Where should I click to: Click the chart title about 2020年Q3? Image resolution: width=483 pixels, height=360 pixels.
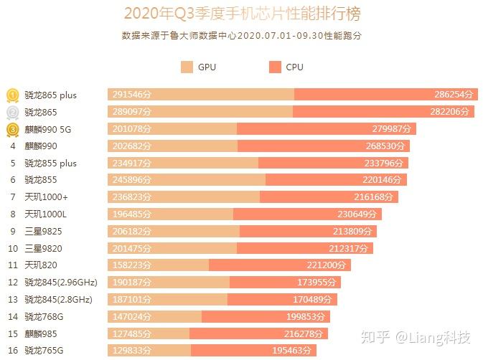click(x=241, y=14)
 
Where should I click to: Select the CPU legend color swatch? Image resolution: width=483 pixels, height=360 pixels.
click(x=275, y=67)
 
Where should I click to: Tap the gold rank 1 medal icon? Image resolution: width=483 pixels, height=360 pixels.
click(x=13, y=95)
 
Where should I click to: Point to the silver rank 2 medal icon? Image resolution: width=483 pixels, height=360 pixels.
click(x=13, y=112)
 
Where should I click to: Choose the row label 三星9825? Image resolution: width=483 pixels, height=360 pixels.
click(x=42, y=231)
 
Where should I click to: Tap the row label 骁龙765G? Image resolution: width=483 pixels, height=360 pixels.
click(x=44, y=350)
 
